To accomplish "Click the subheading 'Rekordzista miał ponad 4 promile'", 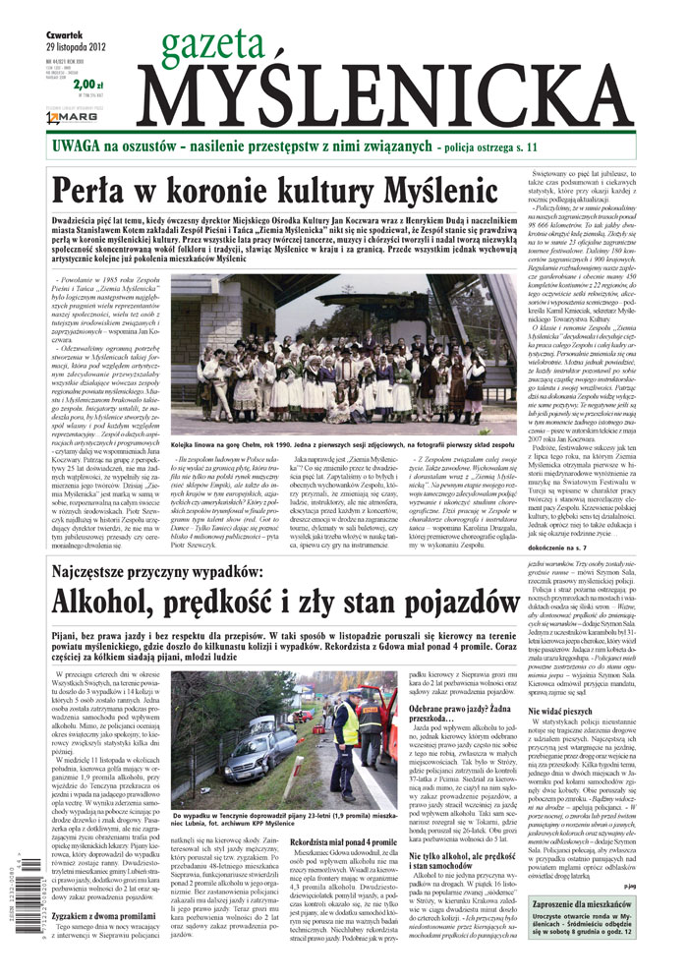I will [x=345, y=868].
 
